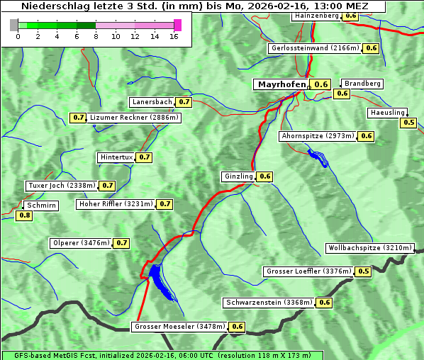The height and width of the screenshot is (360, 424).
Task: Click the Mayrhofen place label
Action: coord(281,84)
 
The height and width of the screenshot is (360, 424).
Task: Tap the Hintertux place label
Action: coord(116,157)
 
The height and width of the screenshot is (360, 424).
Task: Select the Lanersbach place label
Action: coord(152,102)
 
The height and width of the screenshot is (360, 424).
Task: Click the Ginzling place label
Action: coord(238,176)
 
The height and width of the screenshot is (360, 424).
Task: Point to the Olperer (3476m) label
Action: coord(81,243)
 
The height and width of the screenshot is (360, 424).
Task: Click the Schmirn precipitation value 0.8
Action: coord(24,215)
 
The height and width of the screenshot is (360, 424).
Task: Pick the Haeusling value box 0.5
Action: coord(408,123)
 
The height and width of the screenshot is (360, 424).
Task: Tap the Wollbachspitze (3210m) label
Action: coord(369,248)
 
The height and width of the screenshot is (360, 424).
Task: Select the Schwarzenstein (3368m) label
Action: coord(268,303)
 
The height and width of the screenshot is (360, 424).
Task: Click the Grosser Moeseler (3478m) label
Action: coord(179,327)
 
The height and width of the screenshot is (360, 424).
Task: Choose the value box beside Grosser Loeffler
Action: coord(364,271)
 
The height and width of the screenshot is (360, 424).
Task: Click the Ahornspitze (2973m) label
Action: coord(317,136)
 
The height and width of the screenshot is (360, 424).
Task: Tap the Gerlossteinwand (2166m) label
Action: coord(314,48)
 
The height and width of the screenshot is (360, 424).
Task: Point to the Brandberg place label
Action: coord(362,84)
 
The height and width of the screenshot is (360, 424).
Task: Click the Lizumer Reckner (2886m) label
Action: coord(134,118)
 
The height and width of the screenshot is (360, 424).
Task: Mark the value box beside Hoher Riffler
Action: coord(164,204)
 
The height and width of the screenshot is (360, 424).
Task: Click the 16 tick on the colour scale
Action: coord(174,36)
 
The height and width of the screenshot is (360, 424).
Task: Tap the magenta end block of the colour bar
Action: coord(177,25)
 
